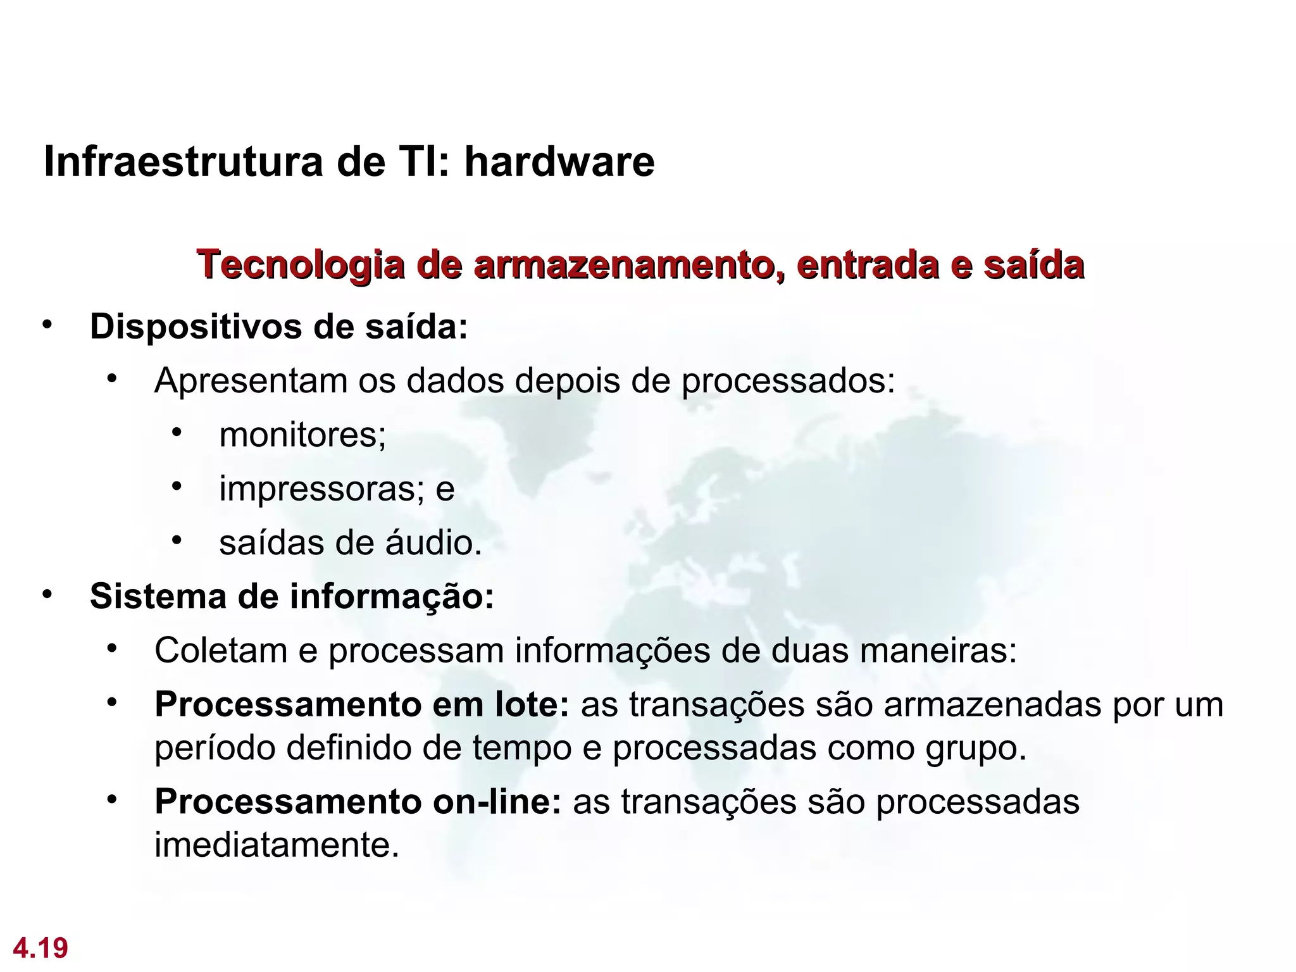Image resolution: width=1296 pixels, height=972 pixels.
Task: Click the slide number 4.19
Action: pyautogui.click(x=40, y=949)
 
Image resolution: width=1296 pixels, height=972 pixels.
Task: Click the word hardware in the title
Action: pyautogui.click(x=559, y=162)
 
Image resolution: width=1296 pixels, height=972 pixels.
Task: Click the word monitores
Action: pyautogui.click(x=300, y=435)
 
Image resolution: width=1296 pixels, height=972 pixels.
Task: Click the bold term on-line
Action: pyautogui.click(x=496, y=802)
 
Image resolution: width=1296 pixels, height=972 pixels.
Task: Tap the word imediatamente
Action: pyautogui.click(x=276, y=845)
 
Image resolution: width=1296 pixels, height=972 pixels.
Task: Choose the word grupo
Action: pyautogui.click(x=975, y=749)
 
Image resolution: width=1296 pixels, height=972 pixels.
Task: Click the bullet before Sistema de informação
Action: pyautogui.click(x=46, y=595)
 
